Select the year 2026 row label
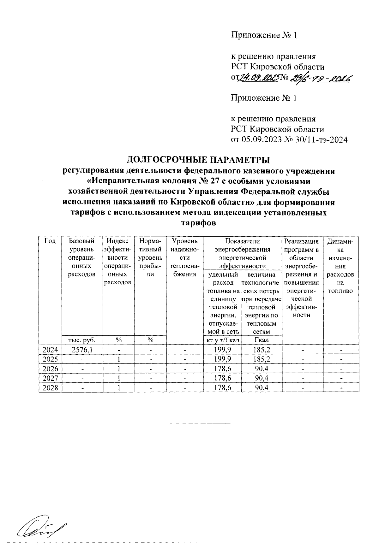tap(50, 369)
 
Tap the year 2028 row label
tap(50, 388)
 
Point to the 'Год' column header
tap(50, 241)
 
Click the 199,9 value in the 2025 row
tap(222, 359)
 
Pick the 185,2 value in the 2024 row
tap(262, 350)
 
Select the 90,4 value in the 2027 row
tap(262, 378)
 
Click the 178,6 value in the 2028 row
tap(222, 388)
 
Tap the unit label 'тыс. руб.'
tap(82, 340)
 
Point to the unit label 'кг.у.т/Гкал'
tap(222, 340)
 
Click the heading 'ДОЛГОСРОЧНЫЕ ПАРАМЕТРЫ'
tap(198, 160)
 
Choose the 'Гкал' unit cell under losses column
tap(262, 340)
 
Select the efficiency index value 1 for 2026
tap(118, 369)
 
